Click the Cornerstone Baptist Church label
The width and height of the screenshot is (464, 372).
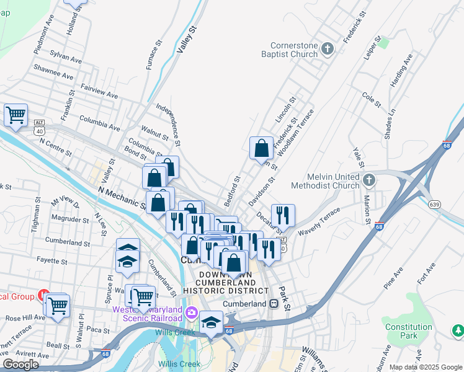pyautogui.click(x=293, y=50)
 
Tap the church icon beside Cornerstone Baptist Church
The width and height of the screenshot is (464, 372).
pyautogui.click(x=329, y=48)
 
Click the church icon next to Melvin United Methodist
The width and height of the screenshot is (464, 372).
pyautogui.click(x=369, y=180)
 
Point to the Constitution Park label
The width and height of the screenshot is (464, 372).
pyautogui.click(x=408, y=331)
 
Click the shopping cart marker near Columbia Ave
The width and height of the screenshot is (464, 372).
pyautogui.click(x=16, y=115)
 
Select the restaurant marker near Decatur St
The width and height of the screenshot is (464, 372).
pyautogui.click(x=283, y=215)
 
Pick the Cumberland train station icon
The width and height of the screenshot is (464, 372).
pyautogui.click(x=273, y=304)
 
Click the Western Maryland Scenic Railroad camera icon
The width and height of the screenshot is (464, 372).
pyautogui.click(x=191, y=311)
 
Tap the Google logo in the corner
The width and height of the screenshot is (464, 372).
pyautogui.click(x=20, y=365)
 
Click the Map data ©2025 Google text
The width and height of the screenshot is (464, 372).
pyautogui.click(x=426, y=367)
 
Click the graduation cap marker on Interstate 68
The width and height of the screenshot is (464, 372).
pyautogui.click(x=211, y=323)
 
